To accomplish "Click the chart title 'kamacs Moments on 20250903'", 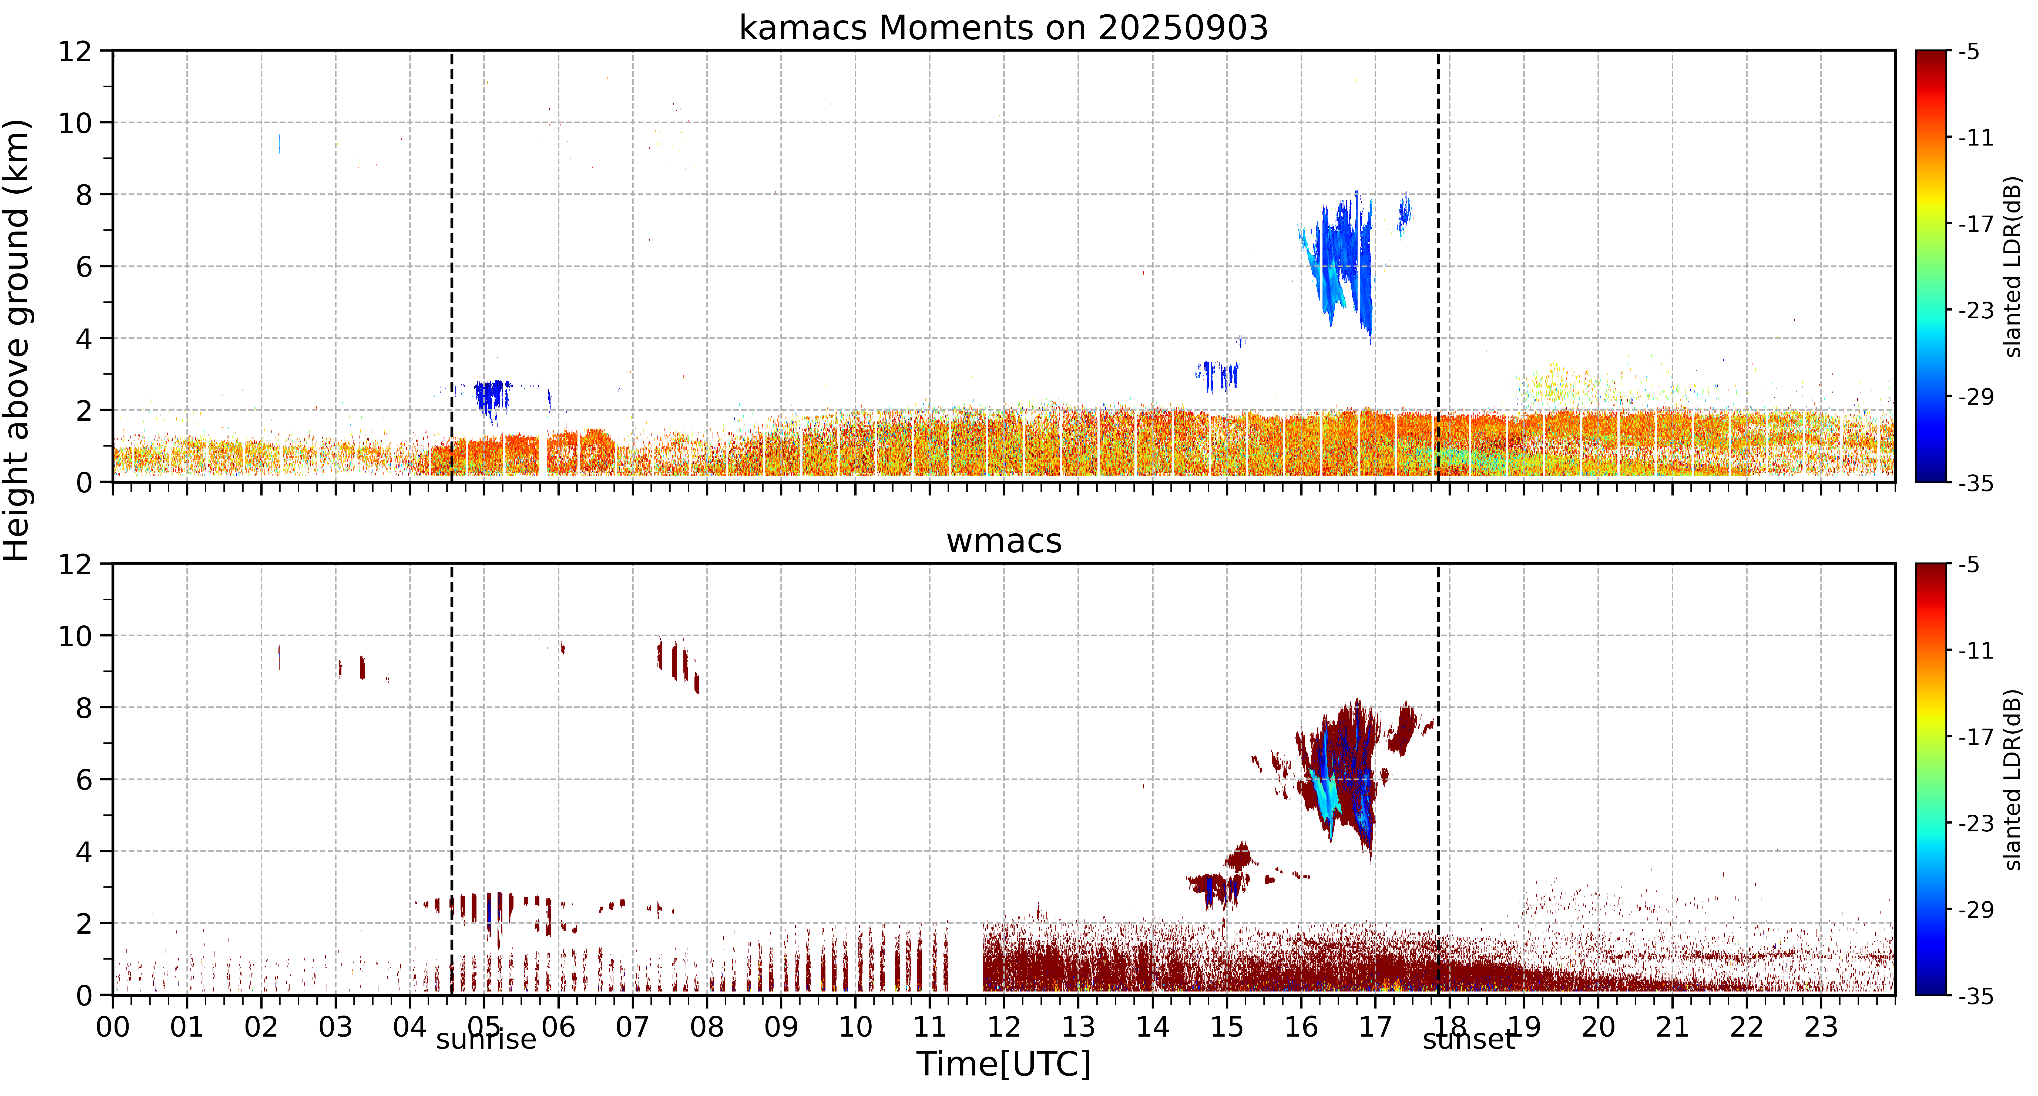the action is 1003,28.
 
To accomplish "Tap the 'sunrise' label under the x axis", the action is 486,1039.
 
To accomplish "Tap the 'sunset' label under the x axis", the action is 1468,1039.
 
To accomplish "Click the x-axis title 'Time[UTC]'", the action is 1003,1064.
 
